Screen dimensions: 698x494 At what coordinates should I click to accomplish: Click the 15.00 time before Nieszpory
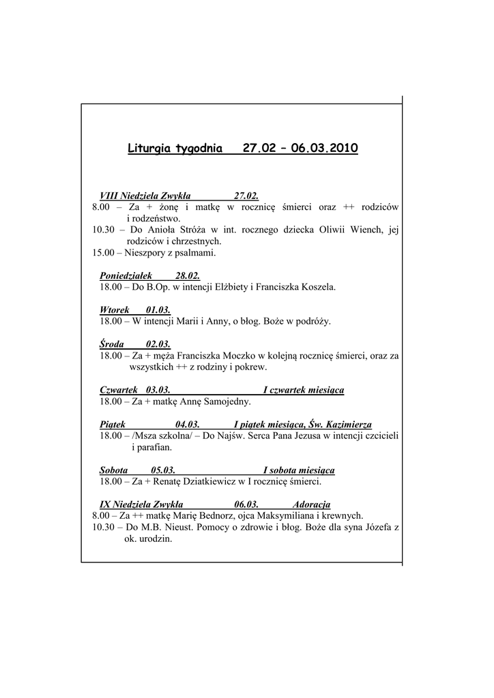pyautogui.click(x=104, y=253)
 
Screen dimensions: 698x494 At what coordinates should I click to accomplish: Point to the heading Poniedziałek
pyautogui.click(x=126, y=275)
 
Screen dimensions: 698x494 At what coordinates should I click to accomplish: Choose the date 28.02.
pyautogui.click(x=188, y=275)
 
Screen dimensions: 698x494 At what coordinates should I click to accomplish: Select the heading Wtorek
pyautogui.click(x=115, y=309)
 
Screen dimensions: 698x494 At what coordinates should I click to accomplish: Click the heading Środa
pyautogui.click(x=112, y=344)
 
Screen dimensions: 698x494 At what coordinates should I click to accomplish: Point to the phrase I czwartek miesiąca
pyautogui.click(x=304, y=390)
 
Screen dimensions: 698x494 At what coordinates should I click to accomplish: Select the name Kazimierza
pyautogui.click(x=347, y=425)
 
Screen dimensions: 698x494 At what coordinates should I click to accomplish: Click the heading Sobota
pyautogui.click(x=114, y=470)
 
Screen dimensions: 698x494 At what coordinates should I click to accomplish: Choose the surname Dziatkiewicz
pyautogui.click(x=205, y=482)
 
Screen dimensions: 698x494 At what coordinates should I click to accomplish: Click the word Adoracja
pyautogui.click(x=311, y=504)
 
